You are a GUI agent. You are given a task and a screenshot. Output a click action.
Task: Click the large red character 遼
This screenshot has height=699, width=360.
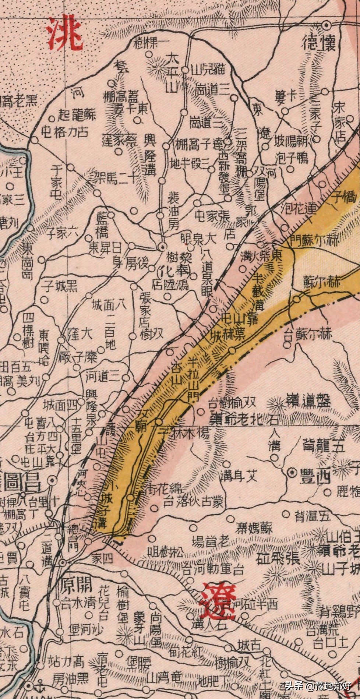[x=217, y=601]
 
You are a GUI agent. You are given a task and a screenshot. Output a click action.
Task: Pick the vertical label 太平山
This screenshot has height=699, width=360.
[x=171, y=73]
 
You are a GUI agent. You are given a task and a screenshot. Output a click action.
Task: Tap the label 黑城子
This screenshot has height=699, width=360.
[x=60, y=286]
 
